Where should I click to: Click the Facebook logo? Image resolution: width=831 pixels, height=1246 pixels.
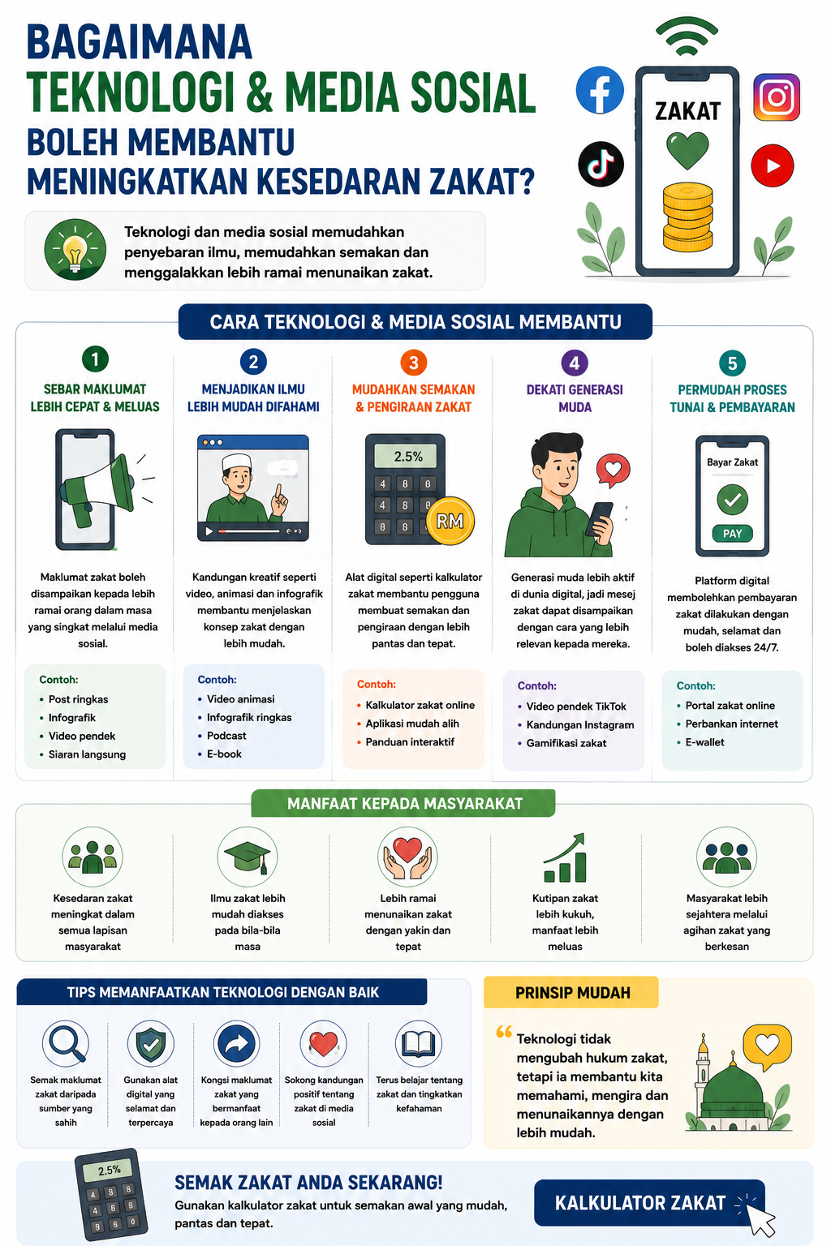coord(600,90)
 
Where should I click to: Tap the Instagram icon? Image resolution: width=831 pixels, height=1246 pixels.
coord(777,97)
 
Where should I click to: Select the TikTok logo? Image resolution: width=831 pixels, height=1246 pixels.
coord(601,164)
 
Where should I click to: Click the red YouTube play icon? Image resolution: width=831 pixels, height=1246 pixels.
coord(773,165)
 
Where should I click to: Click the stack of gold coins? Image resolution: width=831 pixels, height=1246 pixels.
coord(687,217)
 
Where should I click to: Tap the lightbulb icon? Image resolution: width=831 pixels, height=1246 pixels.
coord(75,250)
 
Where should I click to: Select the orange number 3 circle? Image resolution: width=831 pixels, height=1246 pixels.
coord(414,363)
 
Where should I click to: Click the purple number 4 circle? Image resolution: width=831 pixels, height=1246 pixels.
coord(575,363)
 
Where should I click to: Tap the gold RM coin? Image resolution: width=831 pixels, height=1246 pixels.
coord(450,521)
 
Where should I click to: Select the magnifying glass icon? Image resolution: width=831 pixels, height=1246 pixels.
coord(66,1043)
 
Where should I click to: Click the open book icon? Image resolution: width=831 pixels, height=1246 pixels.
coord(419,1043)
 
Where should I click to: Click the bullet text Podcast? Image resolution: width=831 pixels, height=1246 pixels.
coord(226,736)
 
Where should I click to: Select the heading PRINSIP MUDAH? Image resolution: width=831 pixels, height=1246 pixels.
coord(573,993)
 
